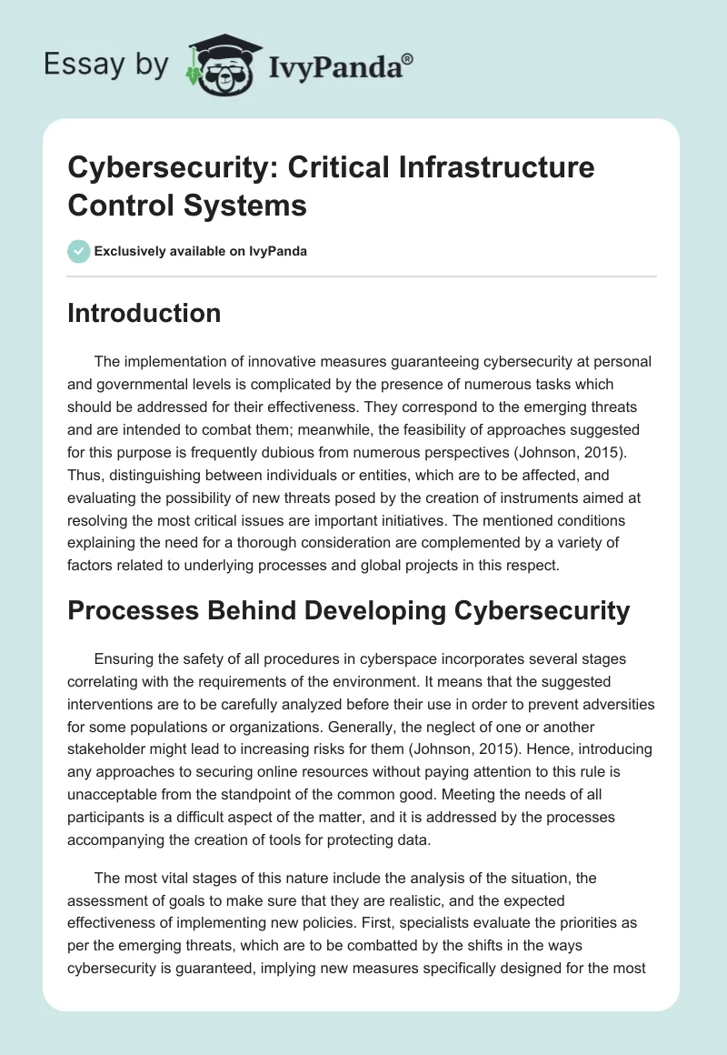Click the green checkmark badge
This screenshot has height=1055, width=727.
click(x=79, y=251)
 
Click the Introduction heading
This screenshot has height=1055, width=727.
click(x=144, y=313)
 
